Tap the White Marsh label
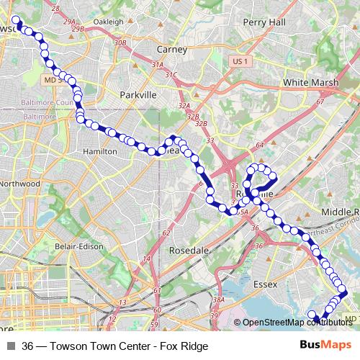[x=310, y=83]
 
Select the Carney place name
[x=171, y=50]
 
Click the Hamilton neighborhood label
[x=100, y=152]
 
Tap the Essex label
[x=265, y=284]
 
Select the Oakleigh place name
[x=109, y=22]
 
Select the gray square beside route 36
[x=9, y=346]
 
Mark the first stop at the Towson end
[x=17, y=21]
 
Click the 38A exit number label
[x=219, y=299]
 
